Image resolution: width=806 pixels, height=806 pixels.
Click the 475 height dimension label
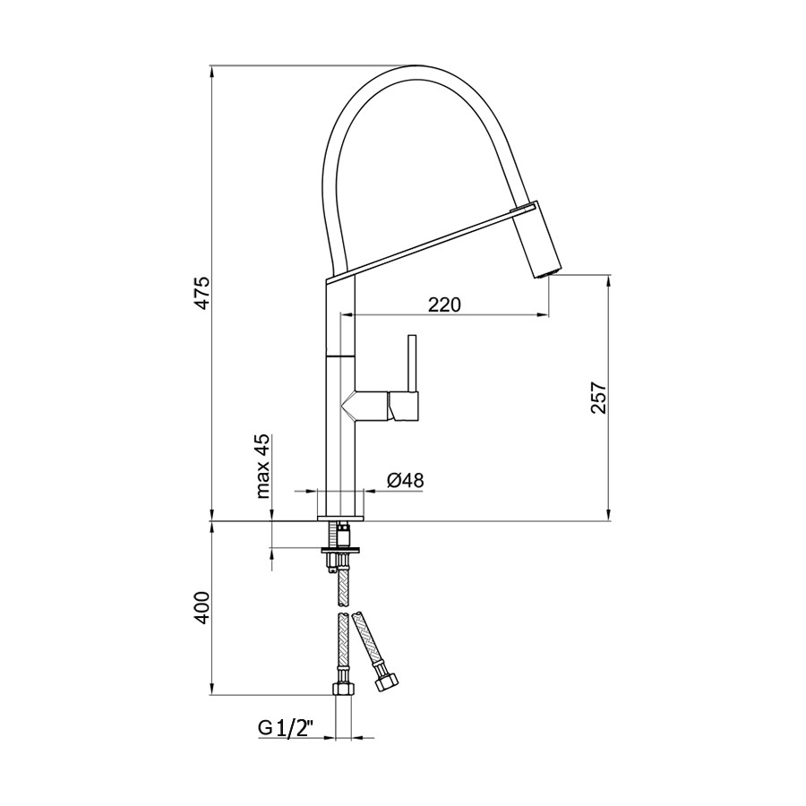pos(202,294)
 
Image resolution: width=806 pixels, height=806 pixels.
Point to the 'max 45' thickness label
pos(264,467)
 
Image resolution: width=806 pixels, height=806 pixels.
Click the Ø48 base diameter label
pos(405,481)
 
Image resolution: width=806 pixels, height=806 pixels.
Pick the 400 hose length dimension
pos(202,608)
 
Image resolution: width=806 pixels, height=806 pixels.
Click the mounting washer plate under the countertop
pos(340,549)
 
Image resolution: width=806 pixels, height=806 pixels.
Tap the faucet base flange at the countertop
pos(340,517)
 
